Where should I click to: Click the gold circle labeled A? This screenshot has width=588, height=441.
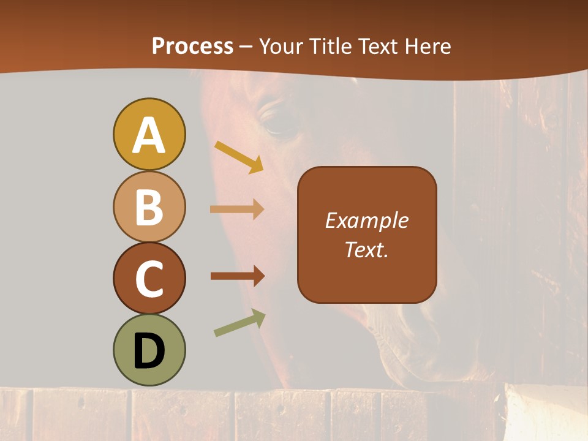(x=149, y=134)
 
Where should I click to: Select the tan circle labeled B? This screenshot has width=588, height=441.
(x=149, y=206)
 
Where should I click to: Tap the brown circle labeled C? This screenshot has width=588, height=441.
(x=149, y=278)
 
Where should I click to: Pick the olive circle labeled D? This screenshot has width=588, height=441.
(x=149, y=350)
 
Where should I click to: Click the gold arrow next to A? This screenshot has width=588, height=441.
(x=239, y=157)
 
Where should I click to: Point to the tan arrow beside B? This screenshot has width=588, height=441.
(x=237, y=209)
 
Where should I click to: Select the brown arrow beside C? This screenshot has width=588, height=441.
(x=238, y=276)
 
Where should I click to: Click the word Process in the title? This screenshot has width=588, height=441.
(x=192, y=46)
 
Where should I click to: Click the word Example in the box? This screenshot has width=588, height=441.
(x=367, y=221)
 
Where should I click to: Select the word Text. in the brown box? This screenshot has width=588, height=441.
(x=367, y=249)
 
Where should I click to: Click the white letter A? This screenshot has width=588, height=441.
(x=149, y=135)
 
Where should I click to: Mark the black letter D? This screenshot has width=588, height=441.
(x=149, y=350)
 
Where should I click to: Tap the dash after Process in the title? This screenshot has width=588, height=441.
(x=246, y=47)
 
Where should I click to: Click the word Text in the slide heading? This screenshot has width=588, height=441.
(x=379, y=46)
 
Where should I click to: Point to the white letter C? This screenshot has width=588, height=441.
(x=149, y=279)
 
